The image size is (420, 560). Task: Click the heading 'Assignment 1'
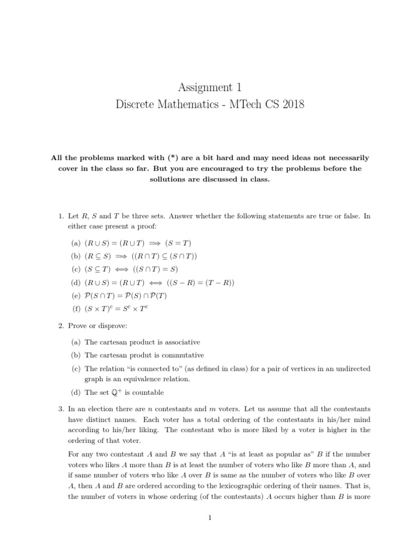209,87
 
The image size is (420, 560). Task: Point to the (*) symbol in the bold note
149,157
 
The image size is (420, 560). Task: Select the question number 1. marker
61,216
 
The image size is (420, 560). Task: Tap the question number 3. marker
61,409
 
